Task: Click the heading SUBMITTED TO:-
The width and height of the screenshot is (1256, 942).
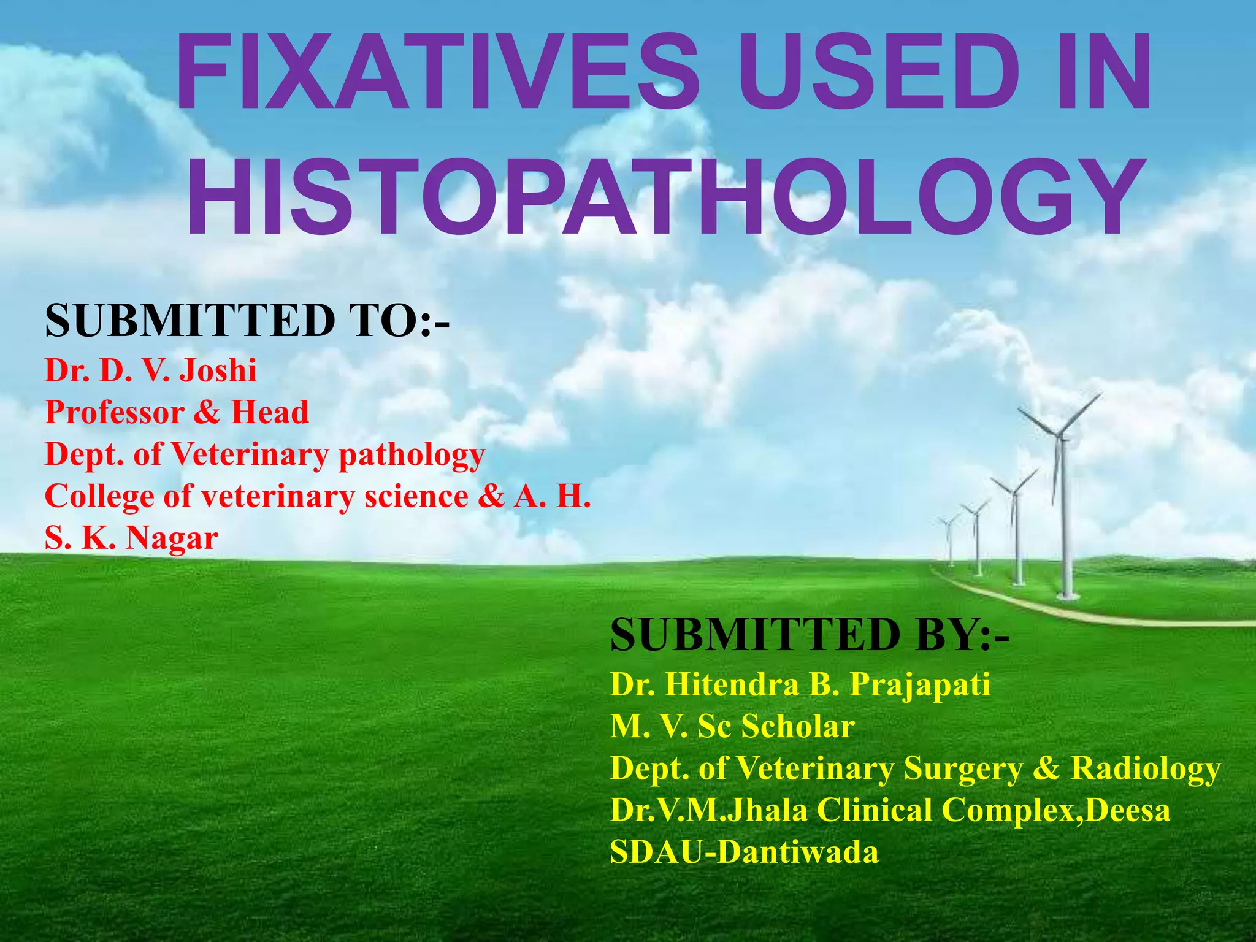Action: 247,321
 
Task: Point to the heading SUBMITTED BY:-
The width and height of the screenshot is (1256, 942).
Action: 810,635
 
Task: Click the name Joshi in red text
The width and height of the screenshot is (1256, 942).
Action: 218,370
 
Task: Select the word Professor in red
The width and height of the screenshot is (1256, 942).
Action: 115,412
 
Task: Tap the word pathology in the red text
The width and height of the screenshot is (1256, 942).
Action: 412,455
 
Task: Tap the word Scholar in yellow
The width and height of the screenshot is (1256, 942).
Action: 798,727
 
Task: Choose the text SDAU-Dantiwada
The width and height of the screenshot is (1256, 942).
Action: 744,852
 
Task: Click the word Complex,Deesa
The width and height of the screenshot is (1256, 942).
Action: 1055,810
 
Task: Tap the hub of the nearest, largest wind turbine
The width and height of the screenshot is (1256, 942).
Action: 1059,435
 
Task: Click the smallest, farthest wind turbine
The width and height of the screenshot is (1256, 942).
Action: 950,524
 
